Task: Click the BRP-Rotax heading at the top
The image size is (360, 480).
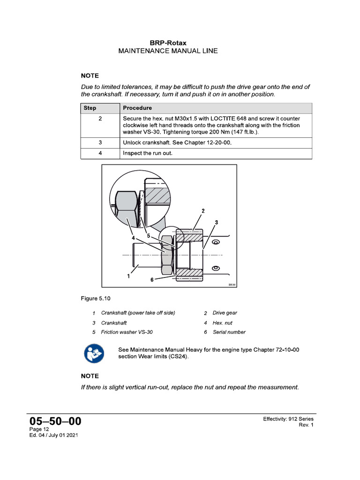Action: click(168, 43)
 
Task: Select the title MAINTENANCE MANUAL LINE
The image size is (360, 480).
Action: click(168, 51)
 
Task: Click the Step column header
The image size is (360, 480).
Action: click(90, 108)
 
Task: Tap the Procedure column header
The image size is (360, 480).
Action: click(137, 108)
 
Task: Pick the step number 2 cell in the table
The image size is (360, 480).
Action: click(100, 119)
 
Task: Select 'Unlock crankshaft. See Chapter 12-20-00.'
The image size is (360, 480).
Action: click(177, 142)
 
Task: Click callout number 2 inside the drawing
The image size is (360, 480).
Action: click(203, 211)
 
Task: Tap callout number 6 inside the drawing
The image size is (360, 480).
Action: click(152, 279)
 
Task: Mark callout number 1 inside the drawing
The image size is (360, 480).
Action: click(128, 277)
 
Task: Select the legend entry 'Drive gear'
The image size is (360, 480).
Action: click(225, 313)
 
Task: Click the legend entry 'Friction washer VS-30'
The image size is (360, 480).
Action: click(127, 332)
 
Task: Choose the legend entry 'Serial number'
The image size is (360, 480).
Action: click(229, 332)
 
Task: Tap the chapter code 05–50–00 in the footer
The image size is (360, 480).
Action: click(55, 421)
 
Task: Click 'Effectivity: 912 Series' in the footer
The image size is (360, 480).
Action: click(288, 419)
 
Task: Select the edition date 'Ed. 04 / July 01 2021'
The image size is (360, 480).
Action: click(53, 435)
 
